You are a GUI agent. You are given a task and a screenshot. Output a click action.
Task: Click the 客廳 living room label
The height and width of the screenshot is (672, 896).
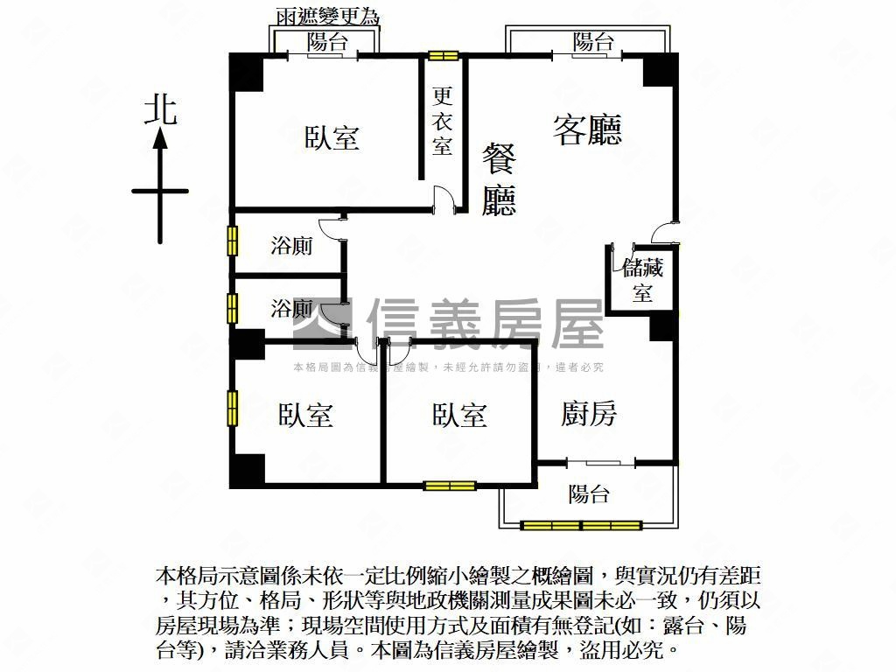pyautogui.click(x=587, y=130)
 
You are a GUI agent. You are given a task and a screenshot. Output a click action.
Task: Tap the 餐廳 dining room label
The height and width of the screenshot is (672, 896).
pyautogui.click(x=500, y=181)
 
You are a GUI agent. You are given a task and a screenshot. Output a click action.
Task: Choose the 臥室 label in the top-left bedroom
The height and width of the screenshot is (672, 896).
pyautogui.click(x=332, y=137)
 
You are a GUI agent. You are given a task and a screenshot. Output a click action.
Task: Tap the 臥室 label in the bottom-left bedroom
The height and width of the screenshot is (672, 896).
pyautogui.click(x=306, y=415)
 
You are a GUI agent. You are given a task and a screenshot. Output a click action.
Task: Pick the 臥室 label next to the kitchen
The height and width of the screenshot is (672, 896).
pyautogui.click(x=459, y=415)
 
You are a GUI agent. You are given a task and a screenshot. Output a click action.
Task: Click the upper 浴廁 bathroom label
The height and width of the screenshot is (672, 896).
pyautogui.click(x=291, y=247)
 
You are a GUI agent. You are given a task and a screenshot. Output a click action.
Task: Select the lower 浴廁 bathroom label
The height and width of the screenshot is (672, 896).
pyautogui.click(x=291, y=308)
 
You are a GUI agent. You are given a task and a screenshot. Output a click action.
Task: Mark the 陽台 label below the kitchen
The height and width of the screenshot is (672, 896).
pyautogui.click(x=588, y=494)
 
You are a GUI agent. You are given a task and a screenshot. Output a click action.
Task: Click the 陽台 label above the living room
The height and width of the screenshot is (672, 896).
pyautogui.click(x=592, y=41)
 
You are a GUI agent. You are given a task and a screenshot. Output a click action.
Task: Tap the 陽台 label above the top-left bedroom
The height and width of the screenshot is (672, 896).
pyautogui.click(x=326, y=41)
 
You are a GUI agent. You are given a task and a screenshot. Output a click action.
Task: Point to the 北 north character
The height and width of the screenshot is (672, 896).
pyautogui.click(x=160, y=110)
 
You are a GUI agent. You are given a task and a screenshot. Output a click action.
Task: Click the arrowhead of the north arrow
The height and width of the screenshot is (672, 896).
pyautogui.click(x=160, y=138)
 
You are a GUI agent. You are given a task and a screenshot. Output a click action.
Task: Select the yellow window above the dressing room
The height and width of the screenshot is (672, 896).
pyautogui.click(x=444, y=56)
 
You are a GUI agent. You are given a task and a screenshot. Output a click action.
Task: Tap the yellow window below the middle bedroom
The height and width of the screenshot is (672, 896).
pyautogui.click(x=449, y=486)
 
